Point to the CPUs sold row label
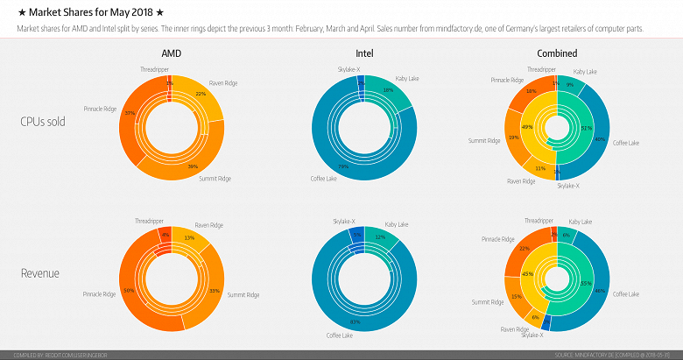click(44, 122)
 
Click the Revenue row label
click(40, 274)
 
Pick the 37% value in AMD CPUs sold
click(130, 113)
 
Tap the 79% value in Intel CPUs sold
click(343, 166)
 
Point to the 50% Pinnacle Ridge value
click(129, 290)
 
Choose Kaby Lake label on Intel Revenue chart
click(398, 225)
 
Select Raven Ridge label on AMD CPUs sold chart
click(223, 83)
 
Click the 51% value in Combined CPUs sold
click(562, 128)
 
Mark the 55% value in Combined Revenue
click(561, 282)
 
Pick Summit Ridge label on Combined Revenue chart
click(486, 302)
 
